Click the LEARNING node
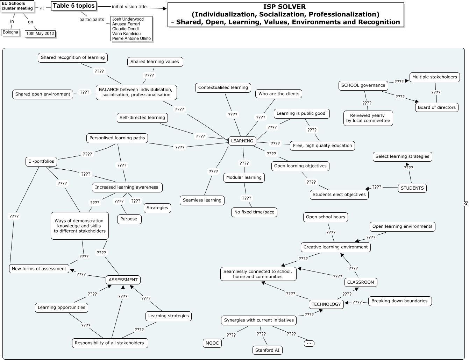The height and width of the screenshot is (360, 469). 242,141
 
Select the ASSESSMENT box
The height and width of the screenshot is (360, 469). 123,280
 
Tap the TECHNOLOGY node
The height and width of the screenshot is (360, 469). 326,304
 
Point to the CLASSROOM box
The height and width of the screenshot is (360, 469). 361,282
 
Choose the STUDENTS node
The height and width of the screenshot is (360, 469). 412,188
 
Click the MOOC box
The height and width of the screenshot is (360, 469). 212,343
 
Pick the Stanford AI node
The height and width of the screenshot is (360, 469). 268,350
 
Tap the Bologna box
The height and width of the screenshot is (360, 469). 10,33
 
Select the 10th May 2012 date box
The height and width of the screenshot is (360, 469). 40,34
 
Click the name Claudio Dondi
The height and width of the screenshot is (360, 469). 126,29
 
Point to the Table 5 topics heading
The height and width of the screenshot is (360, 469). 74,6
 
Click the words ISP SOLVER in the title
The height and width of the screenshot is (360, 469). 284,7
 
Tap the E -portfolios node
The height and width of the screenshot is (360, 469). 41,161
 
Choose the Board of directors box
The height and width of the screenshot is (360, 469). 436,107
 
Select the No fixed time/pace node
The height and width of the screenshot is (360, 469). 254,212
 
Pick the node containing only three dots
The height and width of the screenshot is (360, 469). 309,343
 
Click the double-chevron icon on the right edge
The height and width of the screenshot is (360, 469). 466,204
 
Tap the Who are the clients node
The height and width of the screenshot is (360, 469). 279,94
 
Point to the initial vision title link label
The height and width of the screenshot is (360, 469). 129,7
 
